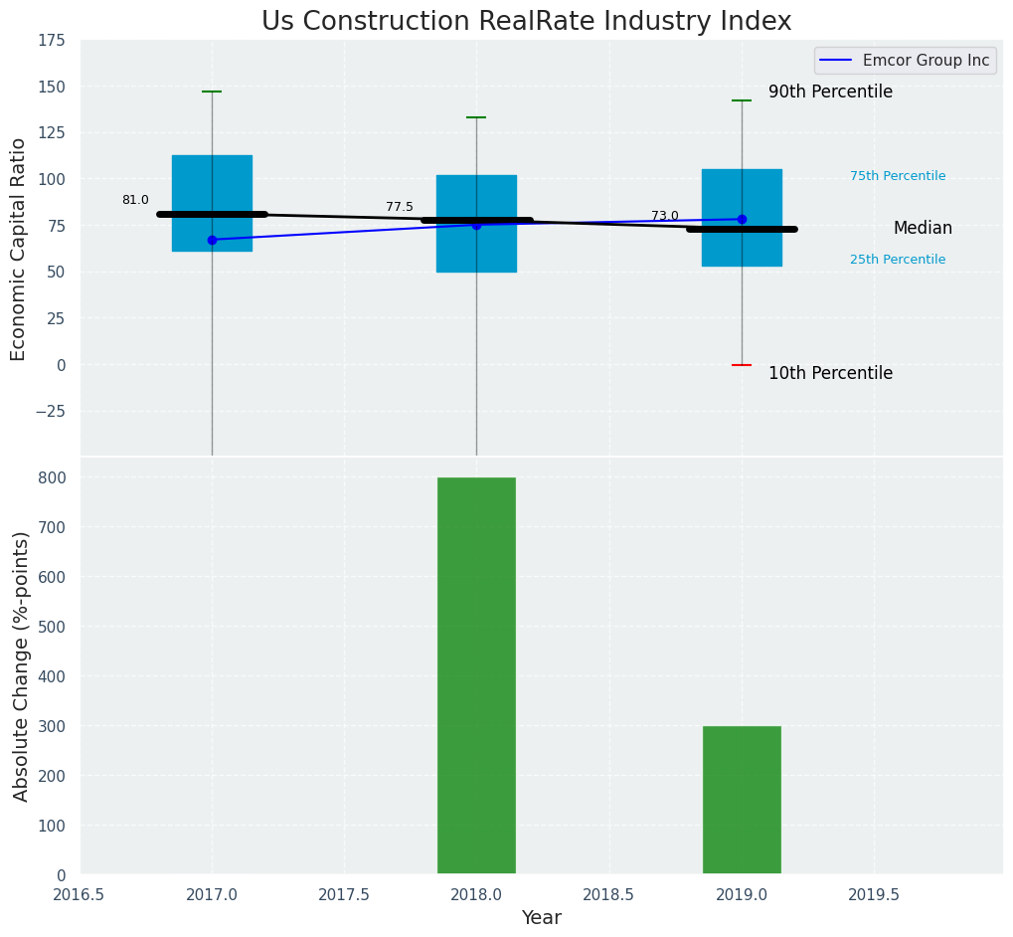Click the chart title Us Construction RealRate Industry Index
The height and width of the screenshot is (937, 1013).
(x=526, y=22)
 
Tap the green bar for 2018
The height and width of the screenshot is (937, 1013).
(x=476, y=675)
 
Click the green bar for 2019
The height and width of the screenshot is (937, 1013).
(x=742, y=800)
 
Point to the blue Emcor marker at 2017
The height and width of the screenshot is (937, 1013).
(x=212, y=240)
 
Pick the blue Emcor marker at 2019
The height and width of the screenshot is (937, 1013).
(x=742, y=219)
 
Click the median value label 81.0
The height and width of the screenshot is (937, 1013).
(x=135, y=200)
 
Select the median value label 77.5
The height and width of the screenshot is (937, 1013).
(x=400, y=207)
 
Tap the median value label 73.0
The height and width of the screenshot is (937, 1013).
(x=665, y=216)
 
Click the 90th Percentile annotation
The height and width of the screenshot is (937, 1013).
(x=830, y=93)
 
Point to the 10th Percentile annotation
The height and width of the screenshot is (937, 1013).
(x=830, y=374)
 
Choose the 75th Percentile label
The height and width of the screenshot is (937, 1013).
(x=898, y=176)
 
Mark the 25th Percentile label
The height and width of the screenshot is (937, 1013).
(x=898, y=260)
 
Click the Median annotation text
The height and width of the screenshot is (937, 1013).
(x=923, y=229)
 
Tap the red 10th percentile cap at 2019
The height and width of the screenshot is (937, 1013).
(x=742, y=365)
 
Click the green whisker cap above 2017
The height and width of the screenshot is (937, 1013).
(x=212, y=92)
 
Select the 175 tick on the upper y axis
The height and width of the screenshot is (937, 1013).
(x=52, y=41)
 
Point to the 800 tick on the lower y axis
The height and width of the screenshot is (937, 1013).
(x=52, y=477)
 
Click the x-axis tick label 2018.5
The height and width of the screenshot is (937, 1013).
(x=608, y=895)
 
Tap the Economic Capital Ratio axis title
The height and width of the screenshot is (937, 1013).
(x=19, y=249)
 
